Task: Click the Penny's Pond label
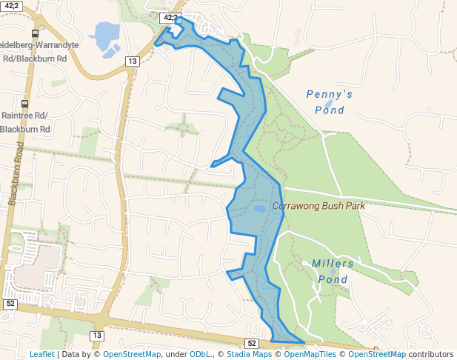[329, 102]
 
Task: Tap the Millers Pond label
[333, 271]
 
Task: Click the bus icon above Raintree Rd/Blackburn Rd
[25, 104]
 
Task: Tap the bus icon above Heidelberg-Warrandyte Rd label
[35, 33]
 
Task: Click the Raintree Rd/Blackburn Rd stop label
[27, 122]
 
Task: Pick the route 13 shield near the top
[133, 61]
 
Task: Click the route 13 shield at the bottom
[97, 336]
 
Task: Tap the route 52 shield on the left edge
[10, 304]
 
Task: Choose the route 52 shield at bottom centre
[252, 343]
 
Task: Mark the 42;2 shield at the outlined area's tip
[170, 17]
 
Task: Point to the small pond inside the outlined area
[259, 209]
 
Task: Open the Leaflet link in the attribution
[41, 354]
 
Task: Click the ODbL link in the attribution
[200, 354]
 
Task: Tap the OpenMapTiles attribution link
[307, 354]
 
